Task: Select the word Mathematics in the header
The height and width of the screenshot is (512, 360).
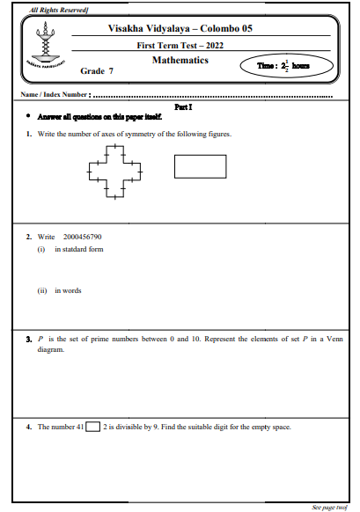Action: pos(180,60)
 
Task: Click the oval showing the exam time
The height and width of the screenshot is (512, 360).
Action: pos(288,66)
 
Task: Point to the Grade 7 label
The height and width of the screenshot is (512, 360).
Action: pos(97,69)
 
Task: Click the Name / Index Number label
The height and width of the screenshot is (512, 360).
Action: pos(54,94)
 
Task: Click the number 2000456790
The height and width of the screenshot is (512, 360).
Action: pos(83,238)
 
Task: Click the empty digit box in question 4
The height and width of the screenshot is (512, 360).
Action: pos(93,427)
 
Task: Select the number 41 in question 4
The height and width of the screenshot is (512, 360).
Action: pos(79,427)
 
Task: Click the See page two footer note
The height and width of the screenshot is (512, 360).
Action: pos(329,508)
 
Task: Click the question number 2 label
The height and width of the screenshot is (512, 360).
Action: pos(28,238)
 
